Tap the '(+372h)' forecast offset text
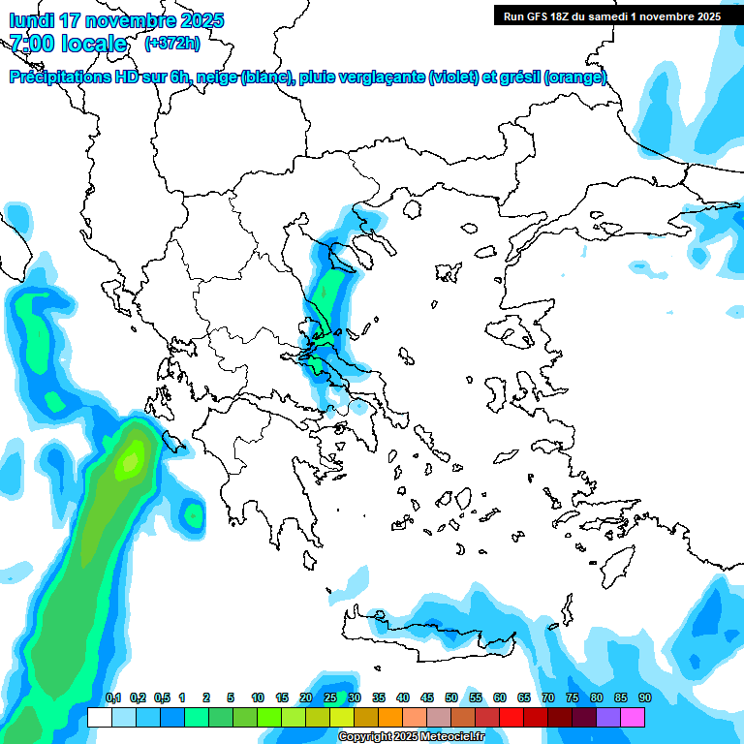click(171, 43)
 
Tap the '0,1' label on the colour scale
click(113, 698)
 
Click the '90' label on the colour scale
click(644, 698)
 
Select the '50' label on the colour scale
click(451, 698)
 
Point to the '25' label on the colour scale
click(330, 698)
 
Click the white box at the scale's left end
click(99, 717)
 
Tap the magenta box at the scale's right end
click(633, 717)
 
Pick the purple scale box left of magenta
click(608, 717)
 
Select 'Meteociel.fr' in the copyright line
click(452, 737)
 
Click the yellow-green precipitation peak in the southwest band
click(129, 462)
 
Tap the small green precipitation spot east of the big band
click(193, 513)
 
